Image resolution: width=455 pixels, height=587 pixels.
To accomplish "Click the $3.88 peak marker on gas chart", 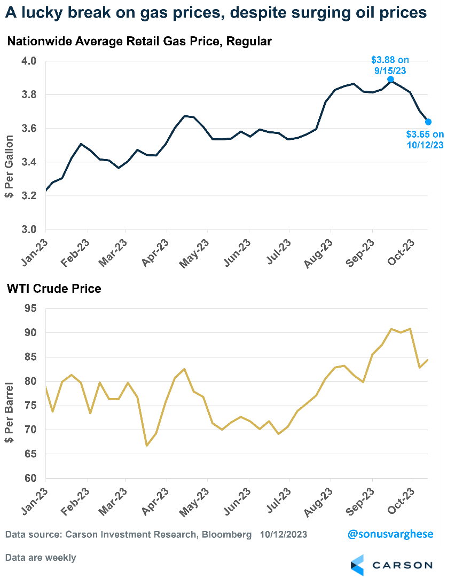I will (390, 79).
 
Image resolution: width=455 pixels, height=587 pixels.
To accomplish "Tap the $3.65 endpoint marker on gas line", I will (428, 122).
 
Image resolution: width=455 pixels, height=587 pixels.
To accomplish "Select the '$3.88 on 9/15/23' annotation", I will (390, 65).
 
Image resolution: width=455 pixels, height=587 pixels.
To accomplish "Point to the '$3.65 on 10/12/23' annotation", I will (425, 139).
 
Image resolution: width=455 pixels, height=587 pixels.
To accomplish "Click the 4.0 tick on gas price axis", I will (29, 61).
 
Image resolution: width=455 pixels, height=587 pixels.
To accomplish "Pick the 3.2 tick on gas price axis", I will (29, 196).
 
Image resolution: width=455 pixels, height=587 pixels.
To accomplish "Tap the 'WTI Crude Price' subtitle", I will (54, 289).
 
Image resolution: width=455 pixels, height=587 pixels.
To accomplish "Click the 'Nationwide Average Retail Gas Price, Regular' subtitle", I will (139, 42).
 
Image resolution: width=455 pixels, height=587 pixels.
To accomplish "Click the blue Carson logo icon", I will (357, 565).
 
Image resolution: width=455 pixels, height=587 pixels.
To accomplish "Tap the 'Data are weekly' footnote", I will (41, 558).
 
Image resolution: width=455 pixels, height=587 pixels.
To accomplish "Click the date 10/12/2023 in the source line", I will (284, 534).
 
